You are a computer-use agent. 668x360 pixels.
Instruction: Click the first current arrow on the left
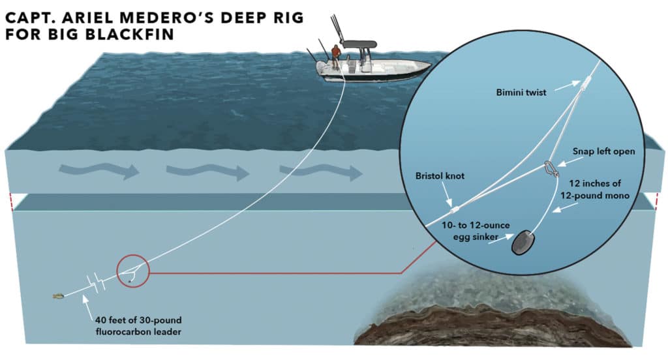click(x=99, y=172)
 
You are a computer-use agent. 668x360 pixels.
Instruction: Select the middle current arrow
click(x=208, y=172)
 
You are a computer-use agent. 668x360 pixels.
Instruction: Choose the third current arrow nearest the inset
click(x=320, y=172)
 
